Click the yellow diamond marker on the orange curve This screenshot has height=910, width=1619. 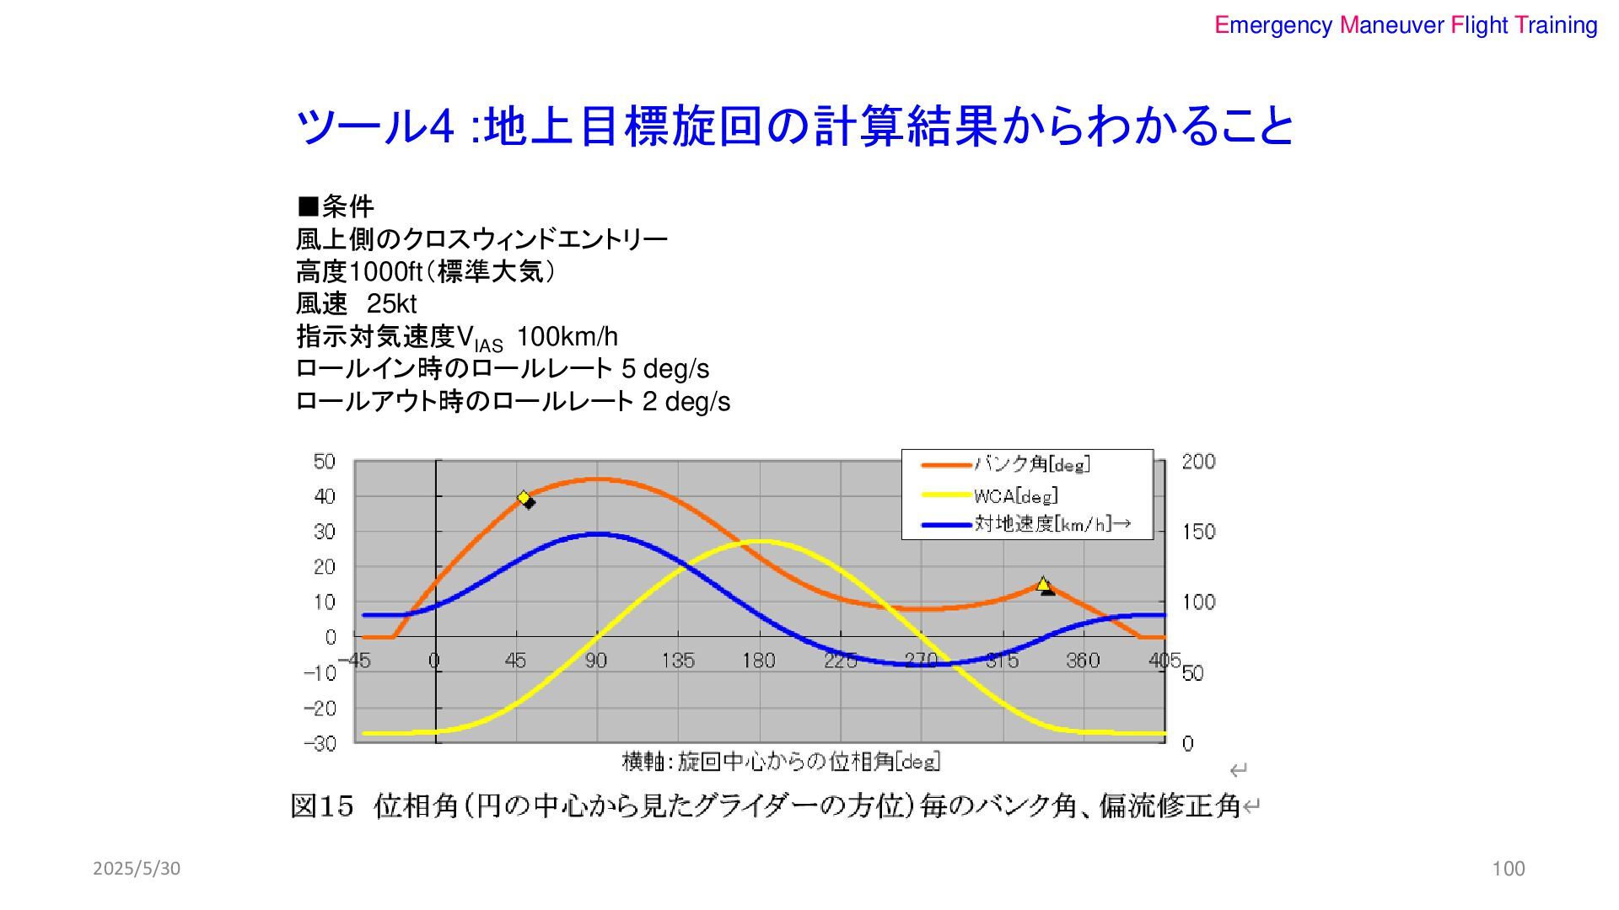524,497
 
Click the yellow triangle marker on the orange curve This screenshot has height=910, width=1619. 1043,583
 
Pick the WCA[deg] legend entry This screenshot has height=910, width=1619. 1015,495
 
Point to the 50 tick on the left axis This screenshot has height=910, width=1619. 325,461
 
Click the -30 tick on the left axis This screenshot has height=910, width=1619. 320,743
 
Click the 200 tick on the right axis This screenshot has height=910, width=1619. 1198,461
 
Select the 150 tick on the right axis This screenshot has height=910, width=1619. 1198,532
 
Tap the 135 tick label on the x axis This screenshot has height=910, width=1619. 678,661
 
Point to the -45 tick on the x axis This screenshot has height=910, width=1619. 355,661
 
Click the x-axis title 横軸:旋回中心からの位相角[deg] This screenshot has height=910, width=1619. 781,762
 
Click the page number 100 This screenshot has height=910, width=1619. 1509,869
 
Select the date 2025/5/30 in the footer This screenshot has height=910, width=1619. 137,869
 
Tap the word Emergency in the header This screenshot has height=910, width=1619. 1273,25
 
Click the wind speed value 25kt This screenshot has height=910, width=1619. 391,303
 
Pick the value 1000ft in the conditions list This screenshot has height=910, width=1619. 385,271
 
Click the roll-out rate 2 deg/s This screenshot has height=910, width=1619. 686,401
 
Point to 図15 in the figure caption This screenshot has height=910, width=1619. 321,806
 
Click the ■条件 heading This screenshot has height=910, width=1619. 335,206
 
